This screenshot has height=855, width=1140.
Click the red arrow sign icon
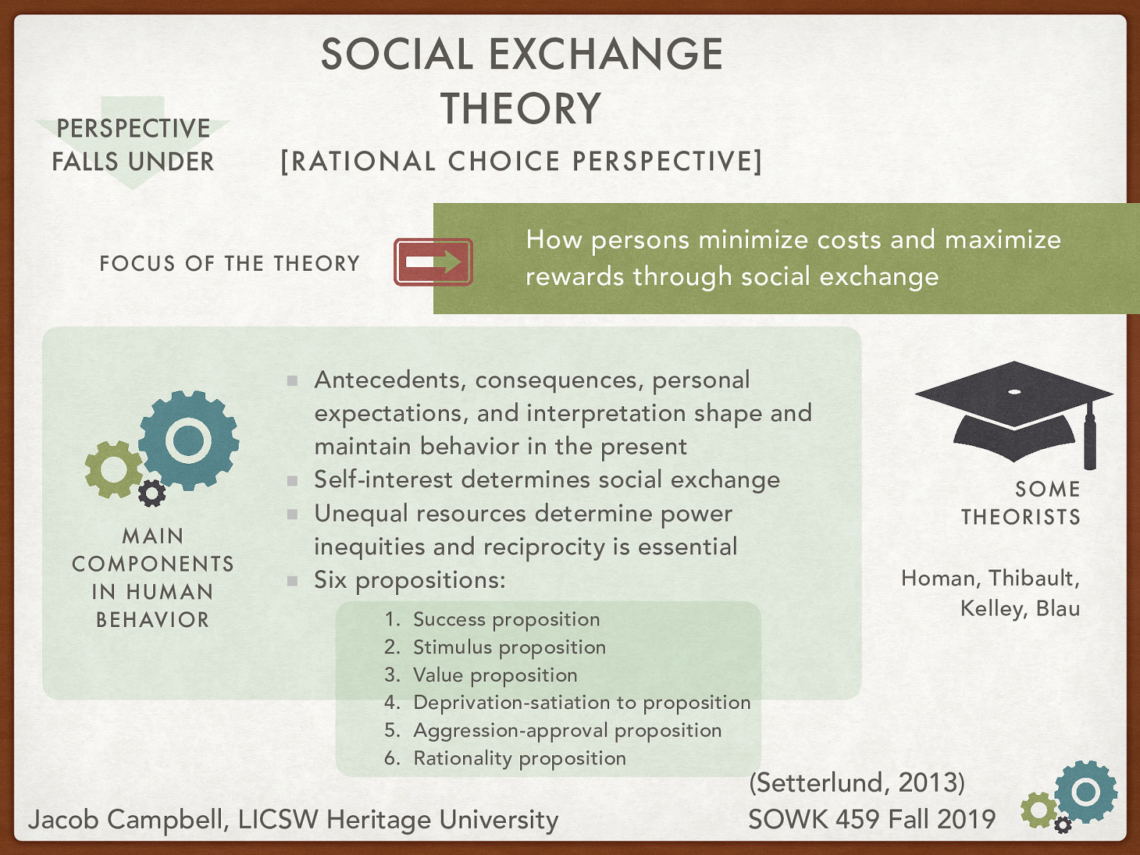(433, 262)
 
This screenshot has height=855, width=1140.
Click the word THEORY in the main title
(521, 109)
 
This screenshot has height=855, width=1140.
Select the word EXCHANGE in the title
(606, 54)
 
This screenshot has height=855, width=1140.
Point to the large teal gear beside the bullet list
(188, 440)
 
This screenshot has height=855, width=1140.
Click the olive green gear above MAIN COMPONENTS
(113, 469)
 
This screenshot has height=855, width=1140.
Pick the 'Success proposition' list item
(506, 619)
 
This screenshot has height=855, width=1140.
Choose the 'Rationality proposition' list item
(519, 758)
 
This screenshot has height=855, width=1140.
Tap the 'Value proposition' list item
(494, 675)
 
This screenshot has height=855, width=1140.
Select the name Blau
(1057, 608)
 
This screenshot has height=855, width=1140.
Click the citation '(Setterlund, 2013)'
(856, 782)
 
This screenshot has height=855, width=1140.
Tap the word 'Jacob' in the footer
(63, 819)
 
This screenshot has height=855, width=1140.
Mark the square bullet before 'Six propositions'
(292, 581)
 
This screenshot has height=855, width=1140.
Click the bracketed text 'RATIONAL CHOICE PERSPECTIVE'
(521, 162)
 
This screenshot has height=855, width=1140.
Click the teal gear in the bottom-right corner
(1085, 792)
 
